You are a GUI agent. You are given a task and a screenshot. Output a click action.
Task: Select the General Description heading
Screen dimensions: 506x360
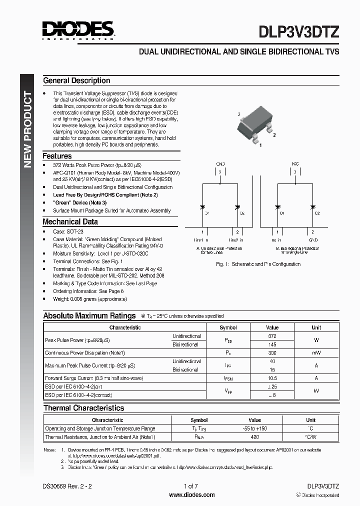[76, 80]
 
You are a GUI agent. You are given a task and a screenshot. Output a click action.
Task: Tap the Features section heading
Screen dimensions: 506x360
[57, 156]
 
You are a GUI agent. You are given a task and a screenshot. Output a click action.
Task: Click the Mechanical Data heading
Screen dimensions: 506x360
[70, 221]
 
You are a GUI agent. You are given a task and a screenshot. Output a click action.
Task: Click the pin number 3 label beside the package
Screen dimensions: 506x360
[239, 114]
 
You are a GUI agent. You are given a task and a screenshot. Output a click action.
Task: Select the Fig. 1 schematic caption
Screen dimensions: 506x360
[258, 264]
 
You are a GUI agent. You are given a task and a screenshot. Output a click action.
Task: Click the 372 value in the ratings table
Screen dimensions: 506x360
[272, 336]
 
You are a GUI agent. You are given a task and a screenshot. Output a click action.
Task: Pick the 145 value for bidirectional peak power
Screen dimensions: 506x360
[272, 344]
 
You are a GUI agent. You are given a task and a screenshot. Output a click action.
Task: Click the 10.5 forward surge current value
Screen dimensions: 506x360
[272, 378]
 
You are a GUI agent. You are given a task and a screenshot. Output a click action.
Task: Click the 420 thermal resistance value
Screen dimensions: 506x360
[254, 437]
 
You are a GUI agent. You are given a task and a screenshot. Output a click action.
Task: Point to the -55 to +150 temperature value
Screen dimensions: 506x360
[254, 428]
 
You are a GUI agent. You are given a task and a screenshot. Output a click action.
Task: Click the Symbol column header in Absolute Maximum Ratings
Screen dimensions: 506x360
[228, 327]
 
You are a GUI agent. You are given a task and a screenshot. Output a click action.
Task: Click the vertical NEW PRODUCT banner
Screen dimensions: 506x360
[28, 130]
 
